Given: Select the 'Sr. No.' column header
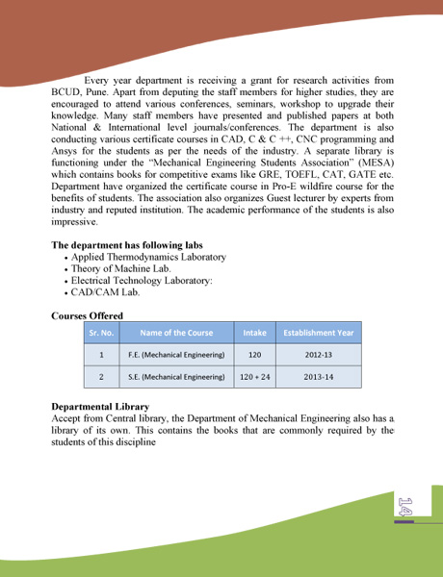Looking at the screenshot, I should tap(102, 333).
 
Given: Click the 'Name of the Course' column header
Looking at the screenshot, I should tap(176, 333).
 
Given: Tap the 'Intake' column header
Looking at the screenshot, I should tap(254, 333).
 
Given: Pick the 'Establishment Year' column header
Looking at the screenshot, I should tap(319, 333).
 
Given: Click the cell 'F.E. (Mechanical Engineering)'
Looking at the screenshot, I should tap(176, 355).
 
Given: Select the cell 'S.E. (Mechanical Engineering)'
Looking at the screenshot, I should tap(176, 377).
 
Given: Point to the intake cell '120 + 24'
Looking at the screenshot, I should tap(254, 377).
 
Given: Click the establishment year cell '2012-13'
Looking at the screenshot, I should tap(319, 355).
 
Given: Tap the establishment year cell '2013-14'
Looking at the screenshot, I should tap(319, 377).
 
